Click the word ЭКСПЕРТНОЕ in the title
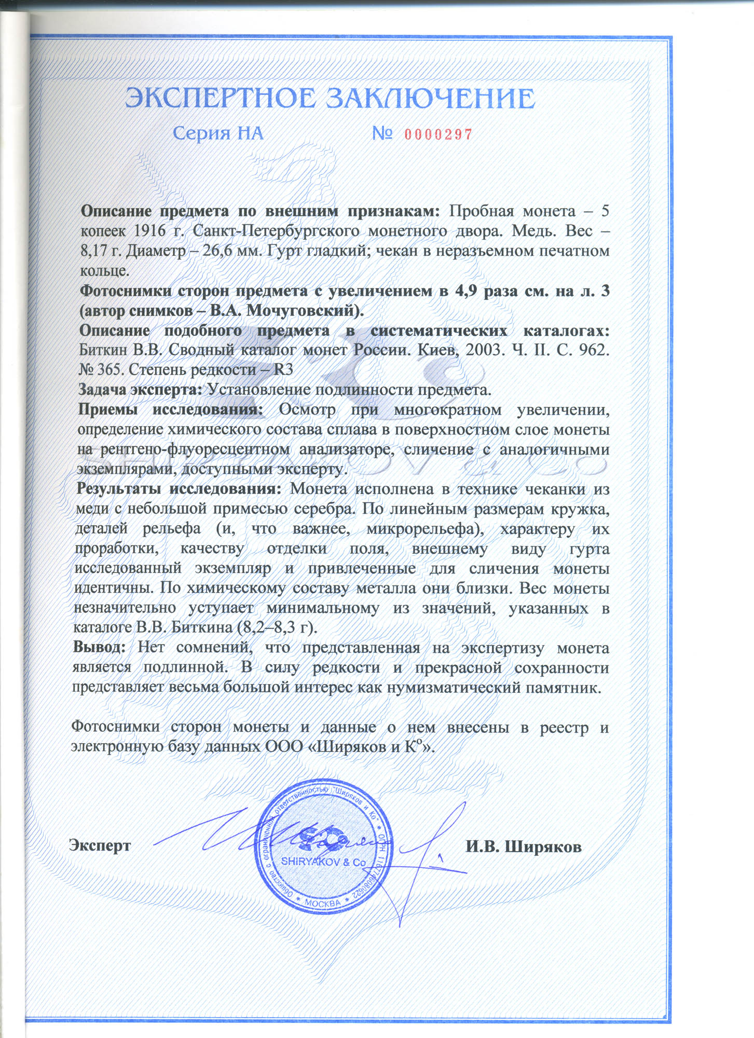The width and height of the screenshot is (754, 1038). click(220, 99)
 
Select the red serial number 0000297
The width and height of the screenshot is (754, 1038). click(438, 135)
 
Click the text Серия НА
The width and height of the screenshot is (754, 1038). click(218, 134)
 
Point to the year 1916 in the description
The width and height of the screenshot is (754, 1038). click(152, 231)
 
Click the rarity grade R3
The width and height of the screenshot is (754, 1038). click(283, 370)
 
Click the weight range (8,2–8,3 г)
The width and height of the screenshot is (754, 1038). click(277, 627)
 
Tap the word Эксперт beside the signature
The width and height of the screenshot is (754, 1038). click(100, 845)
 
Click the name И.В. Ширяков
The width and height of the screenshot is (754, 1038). click(523, 846)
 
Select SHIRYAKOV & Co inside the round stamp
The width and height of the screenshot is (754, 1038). click(323, 862)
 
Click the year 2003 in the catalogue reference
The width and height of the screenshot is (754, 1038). click(483, 350)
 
